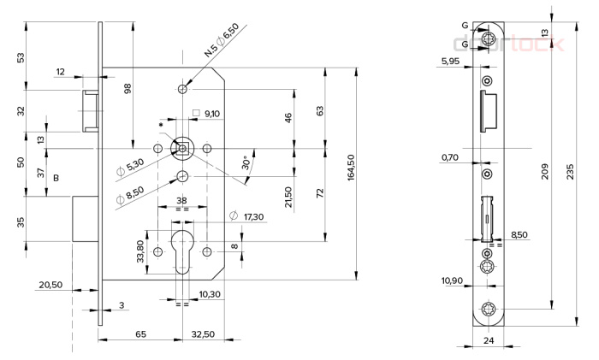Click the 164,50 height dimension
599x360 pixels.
(351, 168)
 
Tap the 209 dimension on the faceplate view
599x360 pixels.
(545, 171)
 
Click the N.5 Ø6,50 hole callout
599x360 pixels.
(222, 39)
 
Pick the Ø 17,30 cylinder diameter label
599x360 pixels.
(246, 216)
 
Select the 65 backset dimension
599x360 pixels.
(140, 334)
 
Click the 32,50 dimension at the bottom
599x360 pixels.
(203, 334)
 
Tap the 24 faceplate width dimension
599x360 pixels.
(489, 340)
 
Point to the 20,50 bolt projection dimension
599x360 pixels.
(50, 285)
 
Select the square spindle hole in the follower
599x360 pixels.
(183, 148)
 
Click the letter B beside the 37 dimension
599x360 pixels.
(56, 178)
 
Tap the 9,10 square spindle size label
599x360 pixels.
(212, 114)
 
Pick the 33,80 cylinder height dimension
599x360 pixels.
(140, 251)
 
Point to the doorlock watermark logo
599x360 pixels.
(508, 44)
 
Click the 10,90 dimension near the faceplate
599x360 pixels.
(452, 280)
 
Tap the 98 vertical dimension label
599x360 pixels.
(128, 89)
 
